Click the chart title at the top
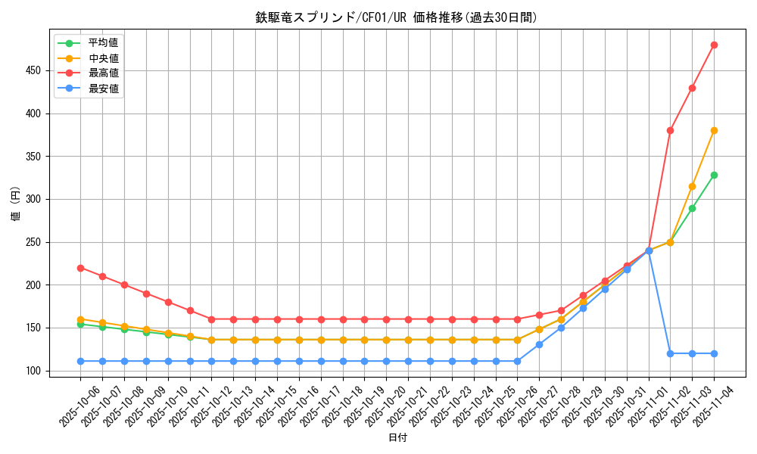point(397,17)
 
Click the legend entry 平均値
point(103,42)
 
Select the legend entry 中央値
point(103,58)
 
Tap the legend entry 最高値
point(103,73)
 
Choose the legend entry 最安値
point(103,89)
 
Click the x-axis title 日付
point(397,438)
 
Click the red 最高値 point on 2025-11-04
point(714,45)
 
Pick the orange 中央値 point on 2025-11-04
point(714,130)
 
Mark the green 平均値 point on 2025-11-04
point(714,175)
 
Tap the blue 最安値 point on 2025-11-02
point(670,353)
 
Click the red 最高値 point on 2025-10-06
point(80,268)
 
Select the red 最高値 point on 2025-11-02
point(670,130)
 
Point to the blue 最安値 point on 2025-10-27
point(539,344)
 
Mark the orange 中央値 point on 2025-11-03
point(692,186)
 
